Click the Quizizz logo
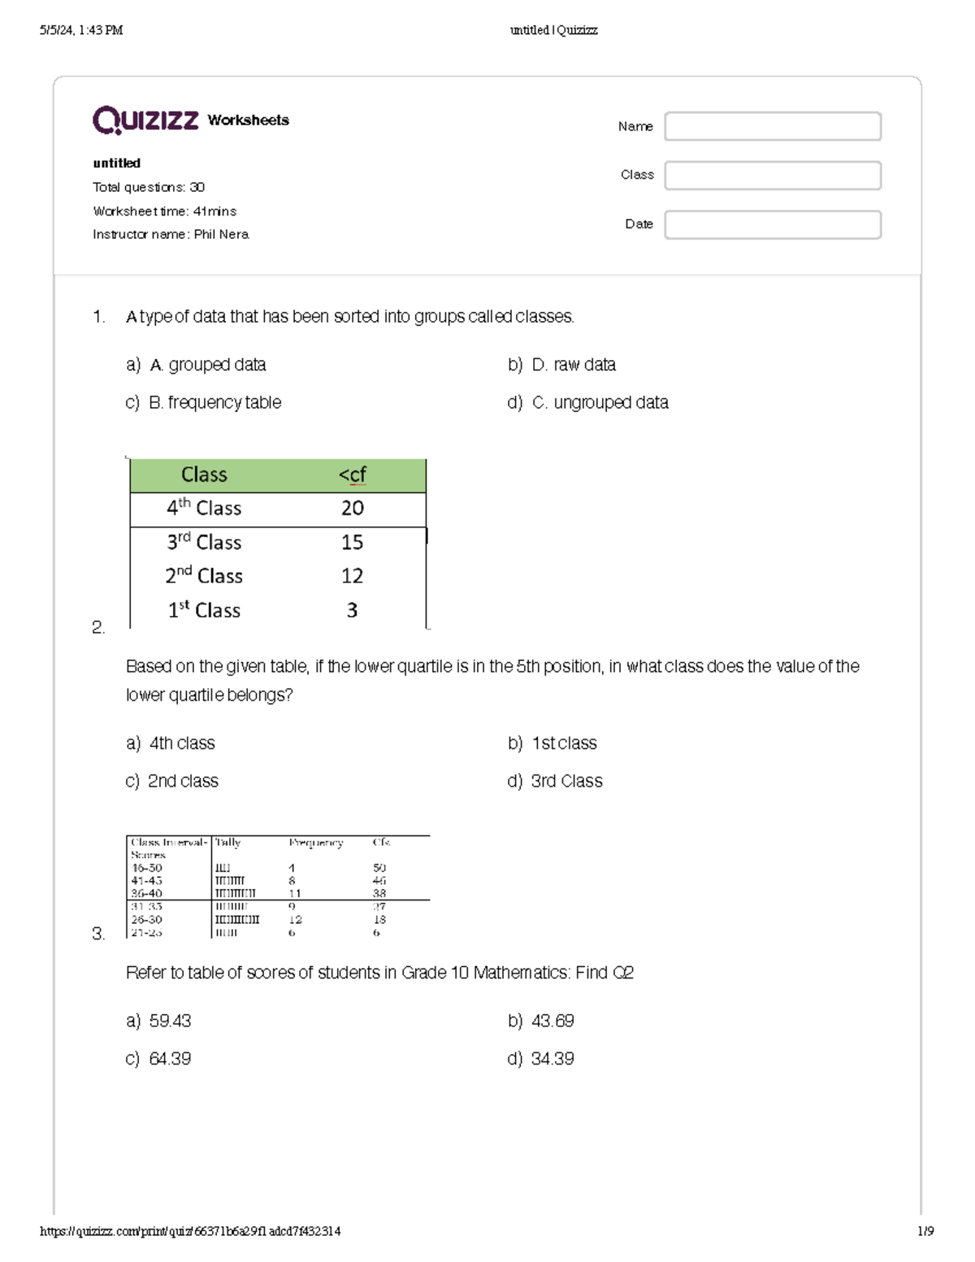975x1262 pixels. pos(145,120)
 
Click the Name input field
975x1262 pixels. pos(772,127)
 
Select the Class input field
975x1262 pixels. pos(772,176)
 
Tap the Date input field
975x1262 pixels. pos(772,225)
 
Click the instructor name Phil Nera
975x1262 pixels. pos(221,234)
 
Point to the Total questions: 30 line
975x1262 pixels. pos(149,187)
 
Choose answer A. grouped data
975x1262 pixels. pos(207,365)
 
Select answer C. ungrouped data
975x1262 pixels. pos(600,403)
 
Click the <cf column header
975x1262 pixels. pos(352,475)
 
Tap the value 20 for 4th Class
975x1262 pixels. pos(352,509)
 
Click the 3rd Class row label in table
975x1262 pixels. pos(204,542)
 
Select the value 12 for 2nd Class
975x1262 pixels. pos(352,576)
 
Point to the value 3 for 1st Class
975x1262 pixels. pos(352,610)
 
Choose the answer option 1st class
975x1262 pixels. pos(563,744)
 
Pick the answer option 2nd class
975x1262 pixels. pos(183,781)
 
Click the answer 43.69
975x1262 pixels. pos(552,1021)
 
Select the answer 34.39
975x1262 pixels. pos(552,1059)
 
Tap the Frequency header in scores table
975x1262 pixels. pos(315,843)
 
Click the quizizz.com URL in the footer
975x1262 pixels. pos(190,1231)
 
